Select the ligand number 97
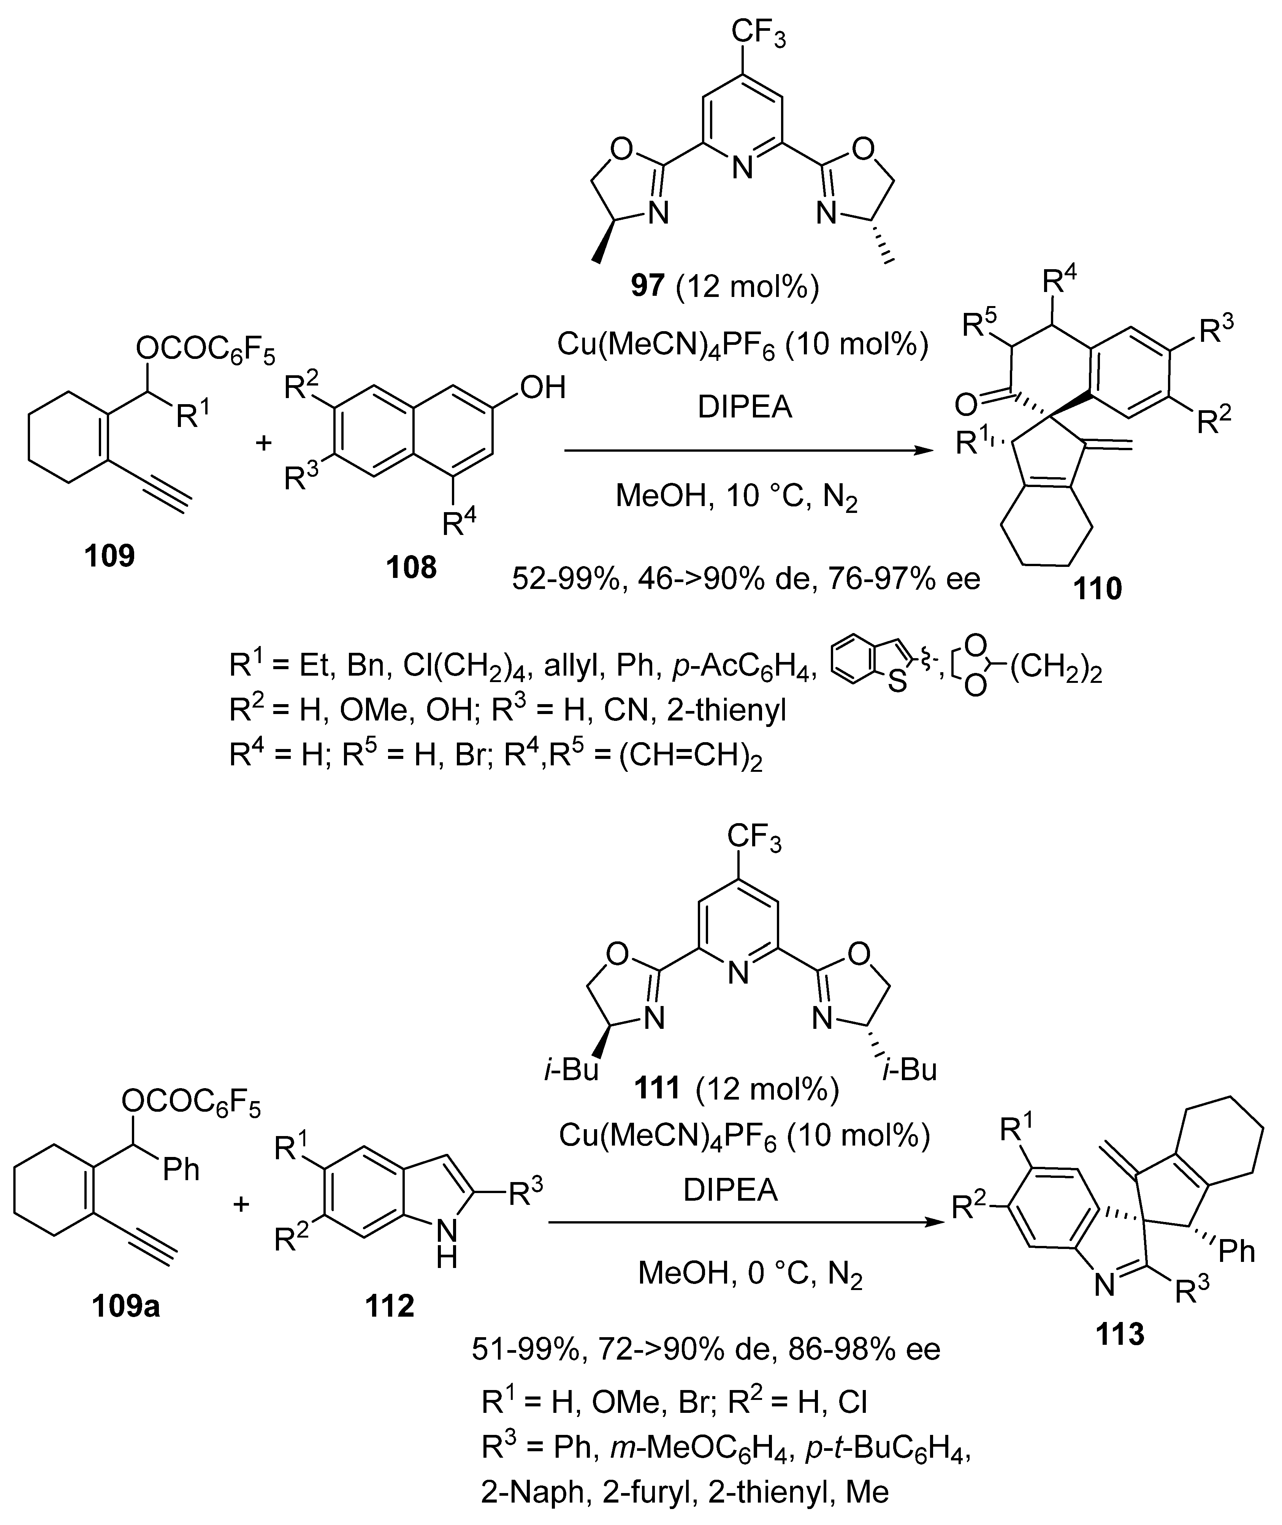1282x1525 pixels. [x=648, y=286]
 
